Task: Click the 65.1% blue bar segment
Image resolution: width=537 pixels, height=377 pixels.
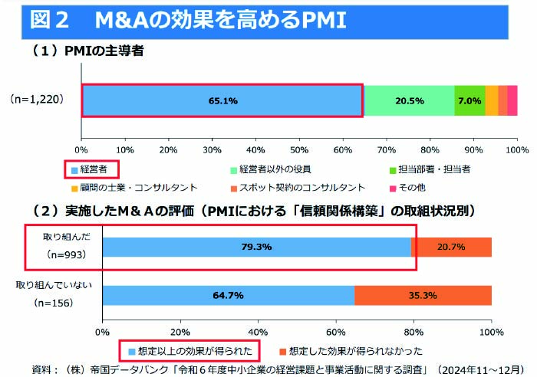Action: tap(222, 100)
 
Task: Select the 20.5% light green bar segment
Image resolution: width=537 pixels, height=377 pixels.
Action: tap(409, 100)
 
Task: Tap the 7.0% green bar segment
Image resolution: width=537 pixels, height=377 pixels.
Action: tap(469, 100)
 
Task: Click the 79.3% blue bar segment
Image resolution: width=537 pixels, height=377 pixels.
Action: tap(256, 247)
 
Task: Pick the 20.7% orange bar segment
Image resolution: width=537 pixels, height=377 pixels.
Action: tap(452, 247)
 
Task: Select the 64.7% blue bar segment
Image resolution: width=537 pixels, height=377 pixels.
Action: tap(229, 295)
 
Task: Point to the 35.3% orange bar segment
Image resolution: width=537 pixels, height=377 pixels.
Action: tap(423, 295)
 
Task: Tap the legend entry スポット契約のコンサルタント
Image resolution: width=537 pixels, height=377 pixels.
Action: tap(295, 187)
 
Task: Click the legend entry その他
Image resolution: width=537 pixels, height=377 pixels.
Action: tap(429, 187)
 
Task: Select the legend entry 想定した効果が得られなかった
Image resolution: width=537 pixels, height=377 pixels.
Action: tap(350, 352)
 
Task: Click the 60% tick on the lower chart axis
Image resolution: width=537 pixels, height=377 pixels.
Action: tap(335, 332)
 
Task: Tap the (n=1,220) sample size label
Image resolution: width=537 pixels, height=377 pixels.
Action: tap(37, 100)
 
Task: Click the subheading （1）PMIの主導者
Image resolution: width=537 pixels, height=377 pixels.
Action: tap(87, 51)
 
